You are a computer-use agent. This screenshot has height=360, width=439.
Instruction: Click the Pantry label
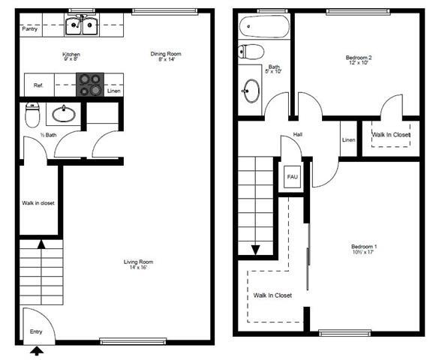(x=30, y=29)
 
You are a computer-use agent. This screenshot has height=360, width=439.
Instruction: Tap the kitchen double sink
(x=83, y=26)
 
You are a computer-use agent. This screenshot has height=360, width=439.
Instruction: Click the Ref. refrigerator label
(x=38, y=85)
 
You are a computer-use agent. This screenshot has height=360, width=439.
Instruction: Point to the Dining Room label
(x=166, y=56)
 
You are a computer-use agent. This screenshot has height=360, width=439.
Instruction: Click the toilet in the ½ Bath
(x=32, y=116)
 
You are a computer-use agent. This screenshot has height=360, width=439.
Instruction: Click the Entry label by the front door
(x=36, y=331)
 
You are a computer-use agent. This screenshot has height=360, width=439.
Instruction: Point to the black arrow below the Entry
(x=38, y=349)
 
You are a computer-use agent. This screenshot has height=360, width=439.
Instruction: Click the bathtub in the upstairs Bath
(x=263, y=28)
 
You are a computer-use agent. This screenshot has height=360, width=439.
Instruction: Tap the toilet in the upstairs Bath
(x=250, y=52)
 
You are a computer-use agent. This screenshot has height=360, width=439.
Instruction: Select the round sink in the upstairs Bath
(x=251, y=91)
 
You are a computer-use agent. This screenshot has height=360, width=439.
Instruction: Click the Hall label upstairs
(x=297, y=135)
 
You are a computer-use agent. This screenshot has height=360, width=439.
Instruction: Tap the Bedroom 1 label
(x=364, y=250)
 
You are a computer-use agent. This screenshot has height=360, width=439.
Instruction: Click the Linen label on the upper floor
(x=348, y=140)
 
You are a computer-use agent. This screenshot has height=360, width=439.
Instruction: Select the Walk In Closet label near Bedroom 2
(x=392, y=135)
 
